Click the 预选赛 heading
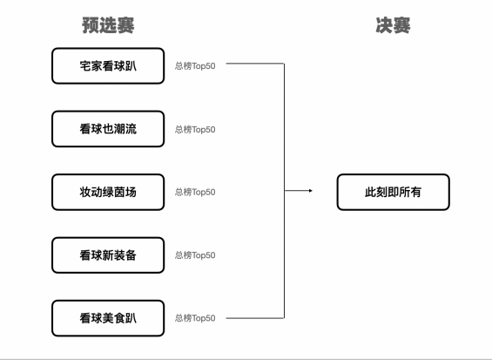pyautogui.click(x=107, y=26)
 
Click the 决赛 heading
pyautogui.click(x=393, y=26)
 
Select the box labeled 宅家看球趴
pyautogui.click(x=108, y=66)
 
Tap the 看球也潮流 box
pyautogui.click(x=108, y=129)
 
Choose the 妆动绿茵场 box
pyautogui.click(x=108, y=192)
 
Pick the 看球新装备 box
pyautogui.click(x=108, y=255)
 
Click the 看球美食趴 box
pyautogui.click(x=108, y=317)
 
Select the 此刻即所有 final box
pyautogui.click(x=394, y=192)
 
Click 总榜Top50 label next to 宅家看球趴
pyautogui.click(x=195, y=66)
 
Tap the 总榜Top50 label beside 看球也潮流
pyautogui.click(x=195, y=129)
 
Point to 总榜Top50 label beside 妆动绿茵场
pyautogui.click(x=195, y=192)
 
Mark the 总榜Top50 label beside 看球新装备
pyautogui.click(x=195, y=255)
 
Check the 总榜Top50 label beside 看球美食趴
pyautogui.click(x=195, y=317)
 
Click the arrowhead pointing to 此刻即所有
pyautogui.click(x=310, y=192)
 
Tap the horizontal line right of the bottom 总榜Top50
pyautogui.click(x=255, y=318)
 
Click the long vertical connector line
pyautogui.click(x=285, y=131)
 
